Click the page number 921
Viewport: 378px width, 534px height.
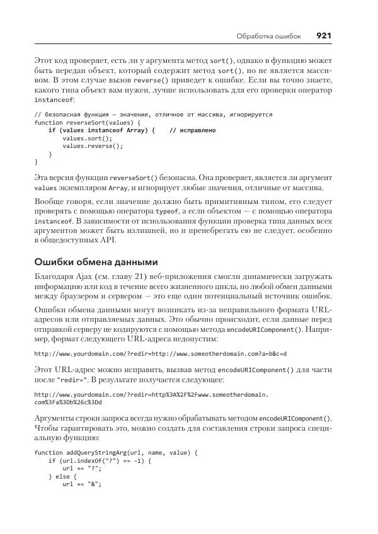323,36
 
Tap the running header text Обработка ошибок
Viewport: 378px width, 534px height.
268,37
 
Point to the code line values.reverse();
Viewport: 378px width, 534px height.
93,145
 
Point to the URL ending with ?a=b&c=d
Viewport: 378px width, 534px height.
161,354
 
